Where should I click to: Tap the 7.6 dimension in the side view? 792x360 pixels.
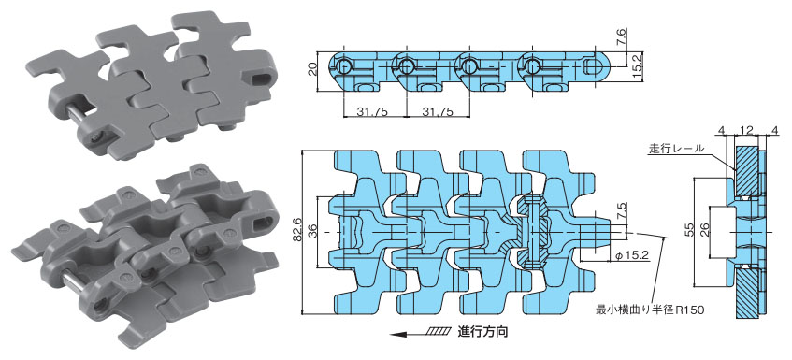point(621,37)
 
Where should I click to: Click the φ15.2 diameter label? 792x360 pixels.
point(630,255)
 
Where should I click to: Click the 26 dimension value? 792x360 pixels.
point(706,231)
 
